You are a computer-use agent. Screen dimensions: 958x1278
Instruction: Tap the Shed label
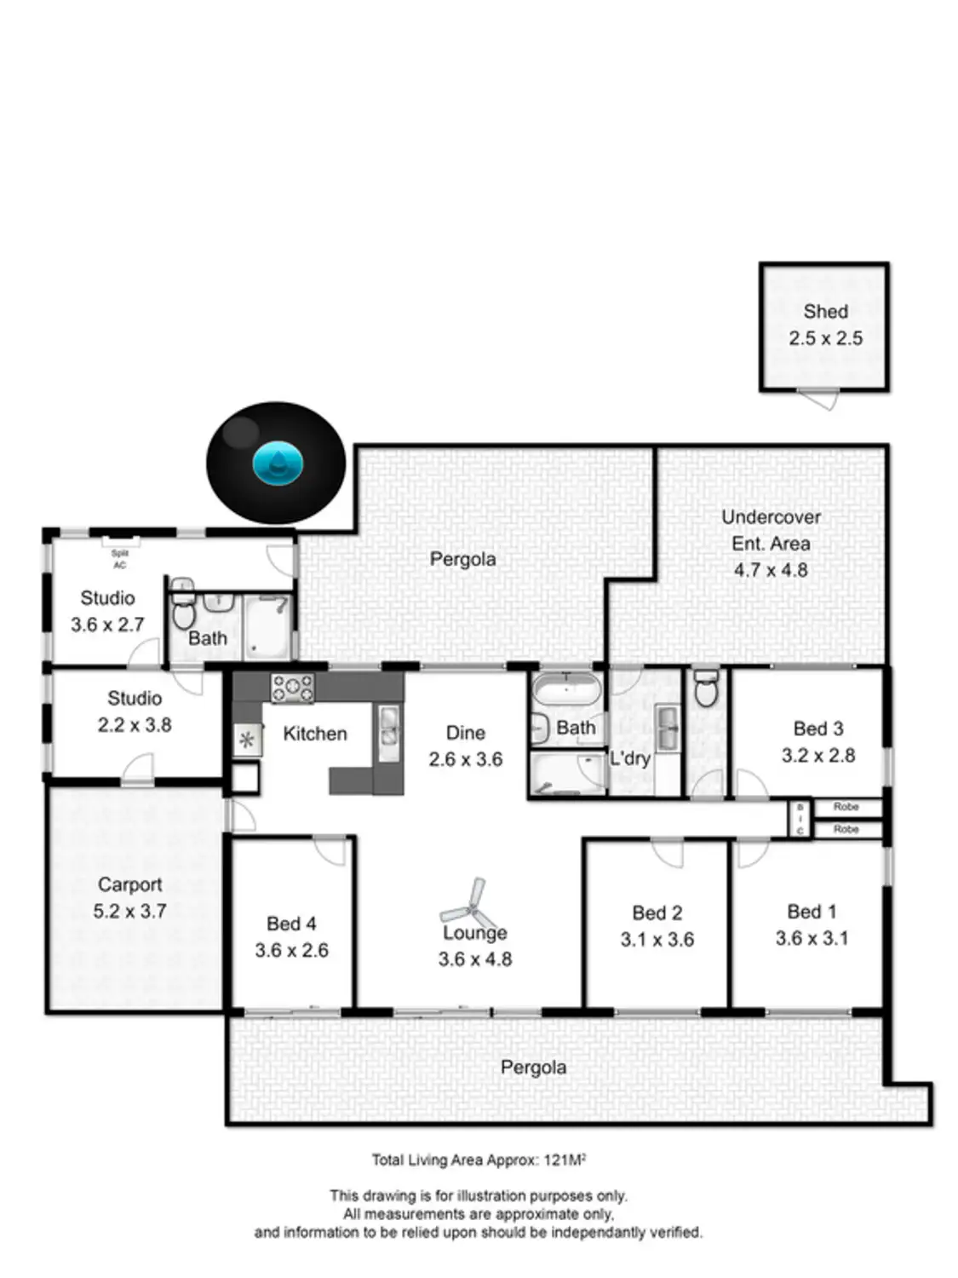(825, 312)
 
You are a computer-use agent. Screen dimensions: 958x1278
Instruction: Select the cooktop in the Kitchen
(292, 688)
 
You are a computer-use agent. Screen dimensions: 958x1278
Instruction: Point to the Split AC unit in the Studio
(120, 541)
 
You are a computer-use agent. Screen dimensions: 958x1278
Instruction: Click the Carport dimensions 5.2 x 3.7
(129, 911)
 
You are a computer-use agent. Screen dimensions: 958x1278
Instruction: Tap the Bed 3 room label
(817, 728)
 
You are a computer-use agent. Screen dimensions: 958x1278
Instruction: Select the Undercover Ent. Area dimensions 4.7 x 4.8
(771, 570)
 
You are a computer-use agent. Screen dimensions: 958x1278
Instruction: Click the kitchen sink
(388, 732)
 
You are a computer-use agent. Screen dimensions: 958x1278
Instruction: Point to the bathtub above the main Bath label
(566, 688)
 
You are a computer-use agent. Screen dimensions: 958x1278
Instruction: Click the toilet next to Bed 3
(706, 688)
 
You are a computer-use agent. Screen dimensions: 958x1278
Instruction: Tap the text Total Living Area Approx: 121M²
(479, 1160)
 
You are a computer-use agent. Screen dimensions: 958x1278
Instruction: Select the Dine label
(465, 733)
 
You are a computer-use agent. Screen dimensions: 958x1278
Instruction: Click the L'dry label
(630, 757)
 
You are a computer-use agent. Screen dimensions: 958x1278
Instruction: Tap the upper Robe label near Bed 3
(846, 806)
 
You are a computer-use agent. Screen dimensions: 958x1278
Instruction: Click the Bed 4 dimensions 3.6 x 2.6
(291, 950)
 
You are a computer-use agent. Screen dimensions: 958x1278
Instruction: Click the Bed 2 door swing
(668, 852)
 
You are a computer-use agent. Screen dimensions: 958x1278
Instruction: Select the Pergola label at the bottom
(533, 1068)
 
